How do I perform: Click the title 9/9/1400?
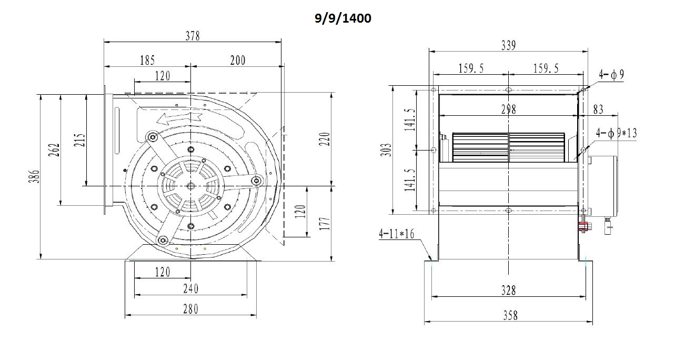(x=343, y=18)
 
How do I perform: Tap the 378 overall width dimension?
(x=193, y=36)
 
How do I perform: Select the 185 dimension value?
(x=147, y=61)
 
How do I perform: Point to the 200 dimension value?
(x=238, y=61)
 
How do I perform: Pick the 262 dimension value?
(x=54, y=150)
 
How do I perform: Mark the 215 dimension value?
(x=80, y=140)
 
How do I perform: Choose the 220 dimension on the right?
(x=325, y=139)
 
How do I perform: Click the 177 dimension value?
(x=325, y=223)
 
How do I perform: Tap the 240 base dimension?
(x=191, y=289)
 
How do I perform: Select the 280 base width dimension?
(x=191, y=309)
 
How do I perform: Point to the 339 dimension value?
(x=509, y=46)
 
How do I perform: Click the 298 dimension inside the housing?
(x=509, y=109)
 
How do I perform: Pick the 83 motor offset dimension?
(x=598, y=109)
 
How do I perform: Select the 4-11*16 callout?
(x=397, y=234)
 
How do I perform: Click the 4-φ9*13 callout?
(x=617, y=133)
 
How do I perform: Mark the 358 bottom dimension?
(x=510, y=316)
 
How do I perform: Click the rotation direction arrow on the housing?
(x=179, y=118)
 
